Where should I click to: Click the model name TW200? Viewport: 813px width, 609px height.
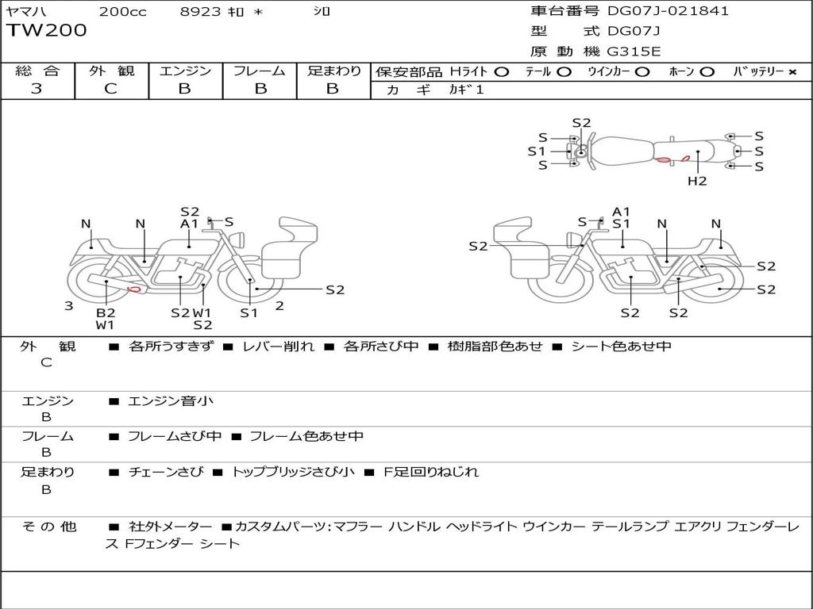(x=47, y=31)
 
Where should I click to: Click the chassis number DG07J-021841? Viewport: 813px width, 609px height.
(x=668, y=11)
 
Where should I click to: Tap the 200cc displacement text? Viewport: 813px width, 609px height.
(x=123, y=11)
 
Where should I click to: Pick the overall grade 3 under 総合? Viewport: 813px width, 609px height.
(x=37, y=89)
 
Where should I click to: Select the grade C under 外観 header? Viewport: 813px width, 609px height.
(x=111, y=89)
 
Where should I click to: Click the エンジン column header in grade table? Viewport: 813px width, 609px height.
(x=186, y=71)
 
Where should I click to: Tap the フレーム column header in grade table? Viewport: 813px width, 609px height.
(x=260, y=71)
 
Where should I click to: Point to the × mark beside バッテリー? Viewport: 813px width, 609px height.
(x=792, y=71)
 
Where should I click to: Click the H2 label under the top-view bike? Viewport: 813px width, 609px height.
(x=697, y=181)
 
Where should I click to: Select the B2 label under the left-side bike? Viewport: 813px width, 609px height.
(x=106, y=312)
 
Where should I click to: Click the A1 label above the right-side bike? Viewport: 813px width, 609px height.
(x=621, y=212)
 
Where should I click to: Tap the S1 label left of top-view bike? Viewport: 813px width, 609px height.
(x=537, y=151)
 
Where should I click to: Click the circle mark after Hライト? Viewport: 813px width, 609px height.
(x=501, y=71)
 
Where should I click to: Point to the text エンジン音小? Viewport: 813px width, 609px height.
(x=171, y=401)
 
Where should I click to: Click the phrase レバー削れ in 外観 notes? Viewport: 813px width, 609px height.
(x=278, y=347)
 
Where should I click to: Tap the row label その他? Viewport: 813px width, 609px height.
(x=48, y=527)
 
